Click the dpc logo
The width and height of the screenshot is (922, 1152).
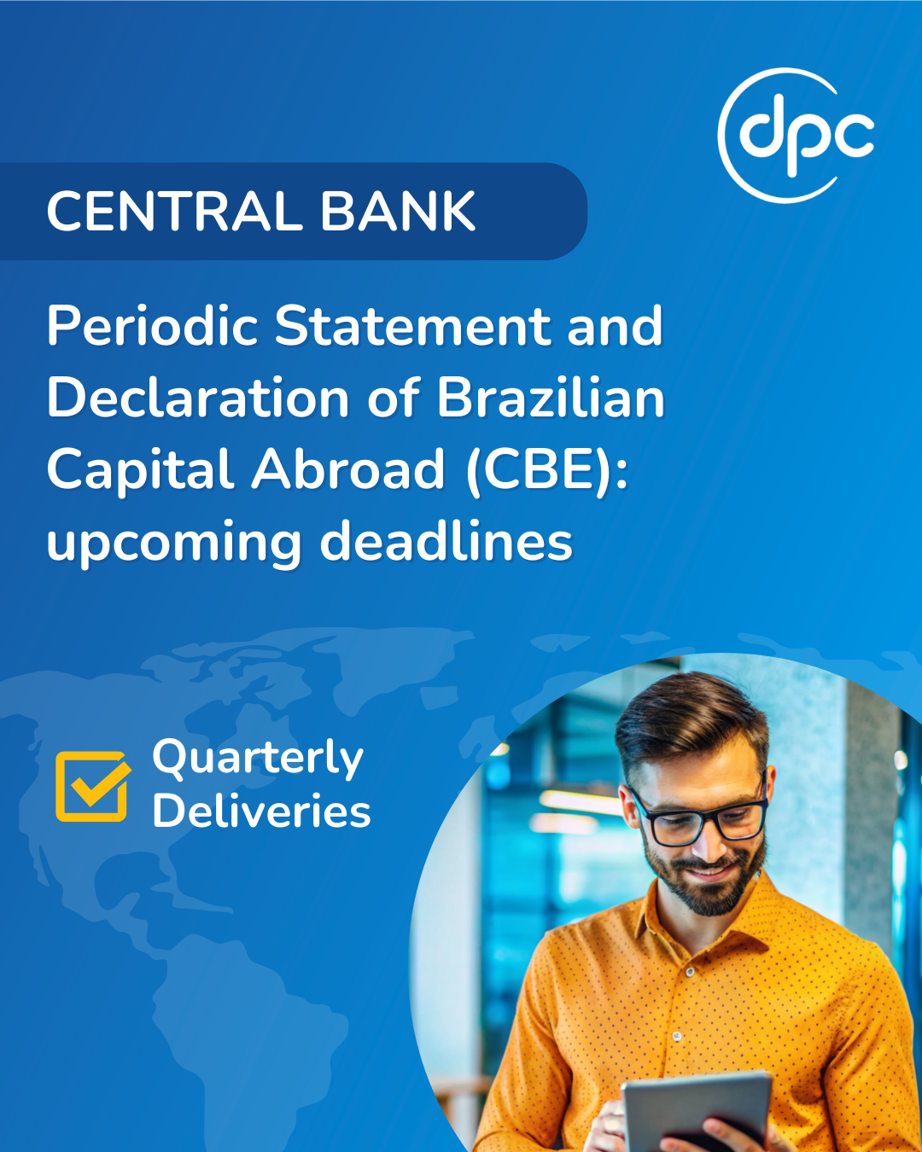click(797, 136)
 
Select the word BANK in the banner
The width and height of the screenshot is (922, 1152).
click(398, 212)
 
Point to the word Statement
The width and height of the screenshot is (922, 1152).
click(412, 326)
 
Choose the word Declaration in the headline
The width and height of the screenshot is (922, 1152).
click(198, 399)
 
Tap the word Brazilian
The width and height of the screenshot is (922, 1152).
click(551, 399)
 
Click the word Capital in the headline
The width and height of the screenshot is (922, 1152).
click(140, 470)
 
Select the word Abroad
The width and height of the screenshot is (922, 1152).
click(348, 470)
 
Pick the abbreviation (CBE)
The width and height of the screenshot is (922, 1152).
click(546, 471)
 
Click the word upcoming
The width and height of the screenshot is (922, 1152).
click(174, 544)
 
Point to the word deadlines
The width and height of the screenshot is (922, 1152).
click(446, 541)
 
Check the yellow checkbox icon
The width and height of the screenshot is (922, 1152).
click(93, 786)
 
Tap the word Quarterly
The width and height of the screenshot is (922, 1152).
click(258, 759)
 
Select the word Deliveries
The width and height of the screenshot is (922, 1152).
click(261, 811)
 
